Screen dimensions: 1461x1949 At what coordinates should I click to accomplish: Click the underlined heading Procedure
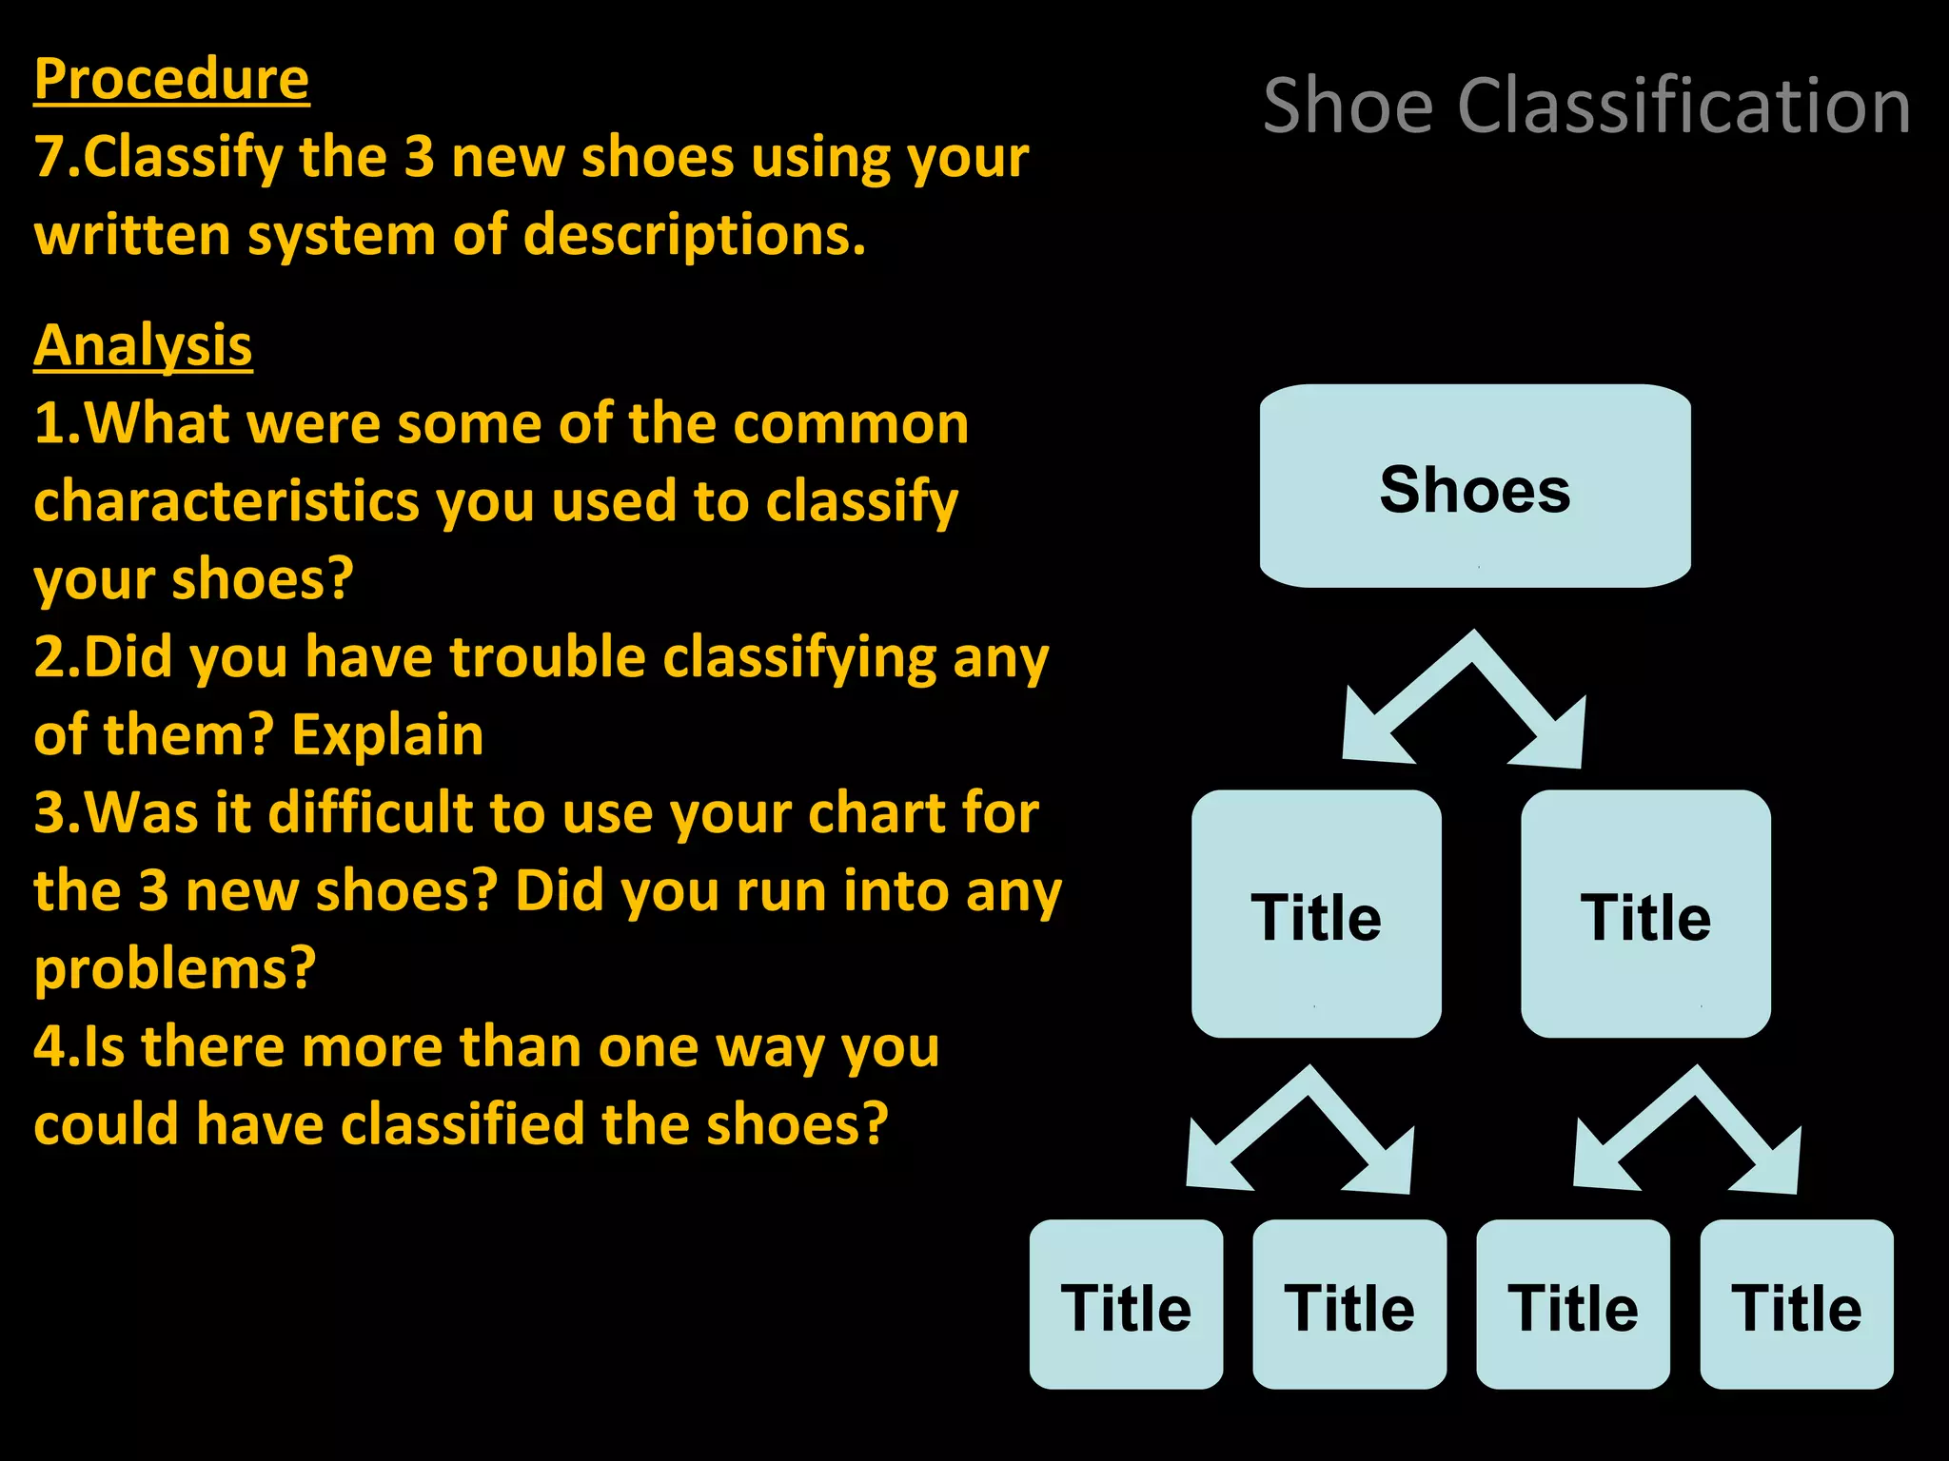tap(171, 79)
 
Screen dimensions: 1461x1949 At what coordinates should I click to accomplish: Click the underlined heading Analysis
tap(143, 345)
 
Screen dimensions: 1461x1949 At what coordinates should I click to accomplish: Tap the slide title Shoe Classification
tap(1586, 107)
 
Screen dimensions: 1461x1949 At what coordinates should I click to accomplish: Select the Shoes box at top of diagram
tap(1475, 487)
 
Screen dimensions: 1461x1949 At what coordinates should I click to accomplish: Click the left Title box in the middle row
tap(1316, 914)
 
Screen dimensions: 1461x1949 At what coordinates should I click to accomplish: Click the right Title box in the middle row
tap(1645, 914)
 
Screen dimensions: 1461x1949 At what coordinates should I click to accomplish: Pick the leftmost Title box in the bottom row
tap(1126, 1305)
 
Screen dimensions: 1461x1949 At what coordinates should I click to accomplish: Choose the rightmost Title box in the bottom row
tap(1796, 1305)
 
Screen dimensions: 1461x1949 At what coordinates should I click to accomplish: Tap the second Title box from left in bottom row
tap(1349, 1305)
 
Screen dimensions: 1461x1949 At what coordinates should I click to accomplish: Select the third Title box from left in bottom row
tap(1572, 1305)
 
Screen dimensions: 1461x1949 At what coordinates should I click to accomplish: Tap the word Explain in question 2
tap(387, 736)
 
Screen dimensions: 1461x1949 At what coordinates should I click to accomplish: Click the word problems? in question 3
tap(174, 970)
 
